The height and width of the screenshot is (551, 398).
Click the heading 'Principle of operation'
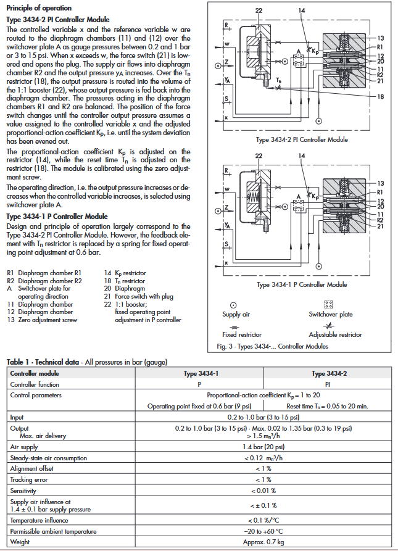click(x=38, y=8)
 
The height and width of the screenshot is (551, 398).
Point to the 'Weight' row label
click(x=20, y=542)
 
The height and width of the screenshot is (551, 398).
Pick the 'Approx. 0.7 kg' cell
click(x=264, y=542)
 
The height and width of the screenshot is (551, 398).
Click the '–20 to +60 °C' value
click(x=264, y=532)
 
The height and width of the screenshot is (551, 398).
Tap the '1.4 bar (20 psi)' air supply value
click(x=264, y=448)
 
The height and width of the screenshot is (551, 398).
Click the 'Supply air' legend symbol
click(x=232, y=304)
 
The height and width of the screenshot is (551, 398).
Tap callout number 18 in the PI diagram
click(x=381, y=97)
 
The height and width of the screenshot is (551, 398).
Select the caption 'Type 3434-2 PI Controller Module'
click(x=302, y=139)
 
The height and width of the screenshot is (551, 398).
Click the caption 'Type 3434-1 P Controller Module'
click(x=302, y=284)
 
